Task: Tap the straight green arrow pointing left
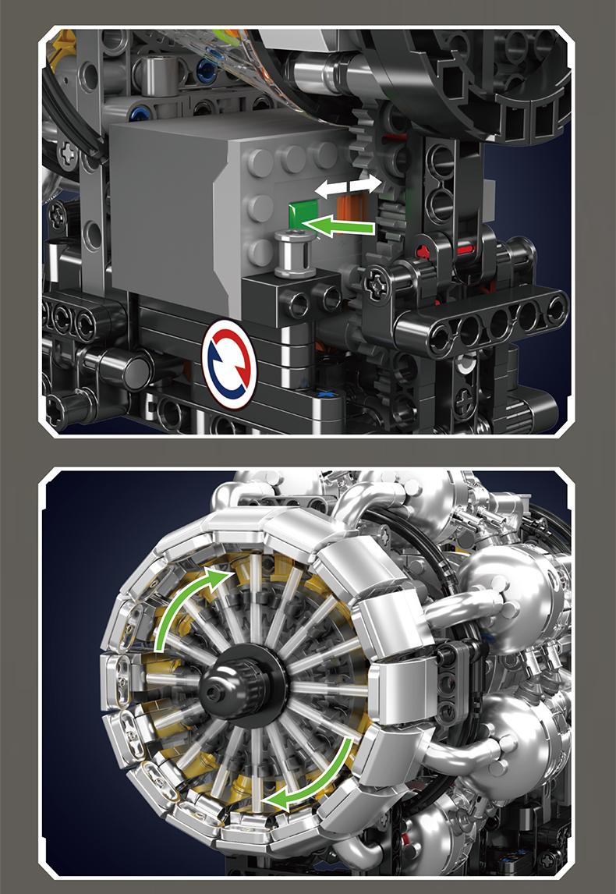click(343, 227)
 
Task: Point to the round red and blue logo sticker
click(230, 363)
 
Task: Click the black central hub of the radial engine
click(239, 687)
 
